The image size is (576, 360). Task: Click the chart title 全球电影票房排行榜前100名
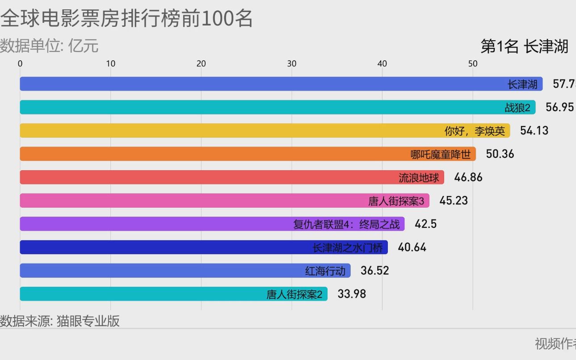coord(126,19)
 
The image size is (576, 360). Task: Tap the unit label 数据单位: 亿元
coord(49,46)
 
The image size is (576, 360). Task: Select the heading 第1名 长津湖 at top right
coord(524,46)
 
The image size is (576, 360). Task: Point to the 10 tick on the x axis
coord(111,64)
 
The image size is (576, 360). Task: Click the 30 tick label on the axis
coord(292,64)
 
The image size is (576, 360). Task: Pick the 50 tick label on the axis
coord(473,64)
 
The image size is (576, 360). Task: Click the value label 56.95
coord(559,107)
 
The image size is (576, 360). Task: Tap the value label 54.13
coord(534,130)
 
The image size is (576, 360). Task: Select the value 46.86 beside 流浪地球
coord(468,177)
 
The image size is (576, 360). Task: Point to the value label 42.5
coord(425,224)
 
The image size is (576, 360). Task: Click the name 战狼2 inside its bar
coord(517,108)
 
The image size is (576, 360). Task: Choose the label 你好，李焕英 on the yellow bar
coord(475,131)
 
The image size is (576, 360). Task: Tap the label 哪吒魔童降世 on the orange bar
coord(440,155)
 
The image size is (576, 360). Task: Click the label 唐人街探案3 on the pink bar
coord(396,201)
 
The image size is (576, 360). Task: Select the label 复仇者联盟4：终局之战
coord(346,224)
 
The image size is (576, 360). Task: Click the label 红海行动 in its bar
coord(325,271)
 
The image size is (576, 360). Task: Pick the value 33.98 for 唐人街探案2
coord(352,294)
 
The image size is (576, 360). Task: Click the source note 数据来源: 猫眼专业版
coord(60,321)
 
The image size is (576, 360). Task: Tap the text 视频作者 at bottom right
coord(555,343)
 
